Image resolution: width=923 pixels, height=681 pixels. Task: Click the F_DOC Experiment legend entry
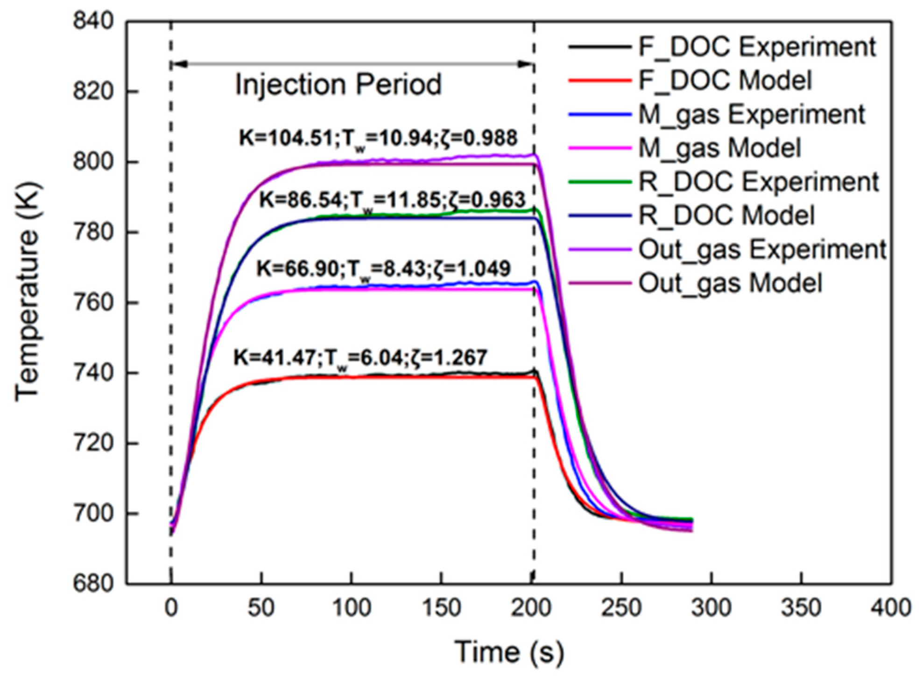[x=756, y=47]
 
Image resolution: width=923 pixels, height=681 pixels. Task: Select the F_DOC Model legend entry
[x=725, y=80]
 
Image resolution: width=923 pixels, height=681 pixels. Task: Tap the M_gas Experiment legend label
[x=752, y=114]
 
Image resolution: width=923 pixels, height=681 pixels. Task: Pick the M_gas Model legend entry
[x=719, y=148]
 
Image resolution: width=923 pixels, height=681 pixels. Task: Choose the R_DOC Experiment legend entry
[x=759, y=182]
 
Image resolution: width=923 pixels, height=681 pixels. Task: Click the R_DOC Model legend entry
[x=726, y=215]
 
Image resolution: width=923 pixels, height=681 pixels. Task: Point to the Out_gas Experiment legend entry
[x=762, y=249]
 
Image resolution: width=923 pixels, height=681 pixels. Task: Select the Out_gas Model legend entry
[x=730, y=283]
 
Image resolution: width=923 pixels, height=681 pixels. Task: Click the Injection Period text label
[x=338, y=84]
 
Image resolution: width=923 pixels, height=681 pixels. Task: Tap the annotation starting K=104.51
[x=378, y=138]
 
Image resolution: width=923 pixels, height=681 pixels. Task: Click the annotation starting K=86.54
[x=392, y=200]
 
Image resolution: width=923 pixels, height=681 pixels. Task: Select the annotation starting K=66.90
[x=383, y=269]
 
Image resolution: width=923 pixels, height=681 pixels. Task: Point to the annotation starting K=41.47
[x=360, y=358]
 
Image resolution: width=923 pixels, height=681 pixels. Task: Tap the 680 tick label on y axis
[x=93, y=583]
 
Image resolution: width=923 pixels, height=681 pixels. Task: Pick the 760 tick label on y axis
[x=93, y=302]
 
